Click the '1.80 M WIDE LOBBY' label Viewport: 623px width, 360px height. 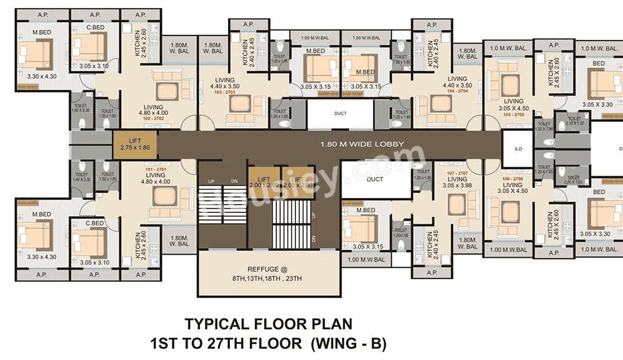[x=362, y=144]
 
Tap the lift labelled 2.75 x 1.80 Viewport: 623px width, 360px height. [x=135, y=144]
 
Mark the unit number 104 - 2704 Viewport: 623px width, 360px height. [x=453, y=91]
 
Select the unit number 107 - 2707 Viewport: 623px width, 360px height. [x=457, y=173]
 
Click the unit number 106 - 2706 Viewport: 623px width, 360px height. [x=513, y=178]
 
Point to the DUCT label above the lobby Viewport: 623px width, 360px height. [x=340, y=114]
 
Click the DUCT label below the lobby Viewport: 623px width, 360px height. [x=375, y=179]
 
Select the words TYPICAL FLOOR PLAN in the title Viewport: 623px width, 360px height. [x=268, y=324]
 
